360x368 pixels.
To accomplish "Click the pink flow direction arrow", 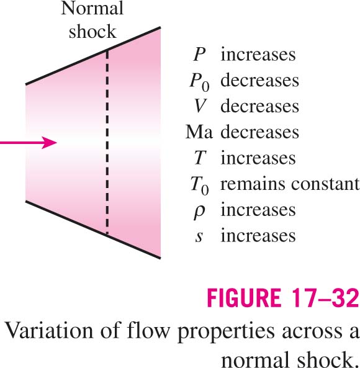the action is point(28,142).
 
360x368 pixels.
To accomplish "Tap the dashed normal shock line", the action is point(107,142).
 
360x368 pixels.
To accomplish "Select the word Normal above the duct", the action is point(92,8).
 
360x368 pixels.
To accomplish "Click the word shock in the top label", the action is point(92,31).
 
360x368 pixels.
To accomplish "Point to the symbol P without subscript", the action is point(199,55).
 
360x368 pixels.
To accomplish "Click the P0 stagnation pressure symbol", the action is point(199,83).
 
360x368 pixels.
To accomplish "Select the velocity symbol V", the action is point(200,106).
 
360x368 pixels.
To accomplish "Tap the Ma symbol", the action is point(199,132).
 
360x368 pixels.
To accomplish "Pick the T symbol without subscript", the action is point(200,158).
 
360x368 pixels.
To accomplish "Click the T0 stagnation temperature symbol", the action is point(199,186).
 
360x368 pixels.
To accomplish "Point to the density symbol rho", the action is point(199,212).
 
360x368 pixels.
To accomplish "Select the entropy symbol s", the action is point(199,236).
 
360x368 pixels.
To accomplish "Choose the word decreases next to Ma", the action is point(260,132).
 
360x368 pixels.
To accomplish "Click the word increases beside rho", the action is point(258,210).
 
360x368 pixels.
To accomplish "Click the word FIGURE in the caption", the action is point(244,298).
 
